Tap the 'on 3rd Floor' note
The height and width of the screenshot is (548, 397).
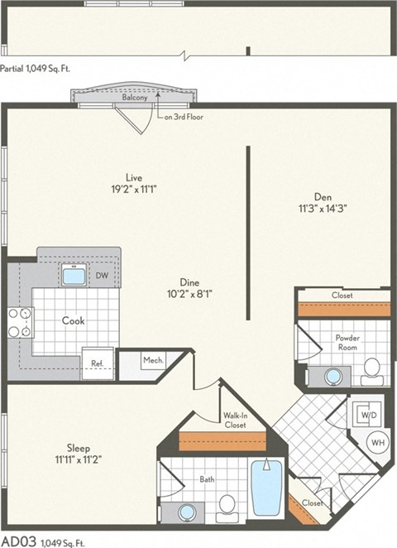point(183,117)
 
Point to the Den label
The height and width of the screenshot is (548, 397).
point(323,196)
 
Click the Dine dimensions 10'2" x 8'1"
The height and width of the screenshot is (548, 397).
point(189,292)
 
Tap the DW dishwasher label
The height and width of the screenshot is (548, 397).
point(102,275)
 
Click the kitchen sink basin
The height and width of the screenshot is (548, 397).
point(74,276)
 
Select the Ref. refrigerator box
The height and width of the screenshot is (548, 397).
point(97,362)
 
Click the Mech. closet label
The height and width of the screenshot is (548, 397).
point(154,360)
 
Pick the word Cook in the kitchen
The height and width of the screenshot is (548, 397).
point(73,320)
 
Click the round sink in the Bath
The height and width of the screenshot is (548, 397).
point(189,512)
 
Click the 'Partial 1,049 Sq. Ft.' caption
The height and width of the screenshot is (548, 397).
point(36,69)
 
